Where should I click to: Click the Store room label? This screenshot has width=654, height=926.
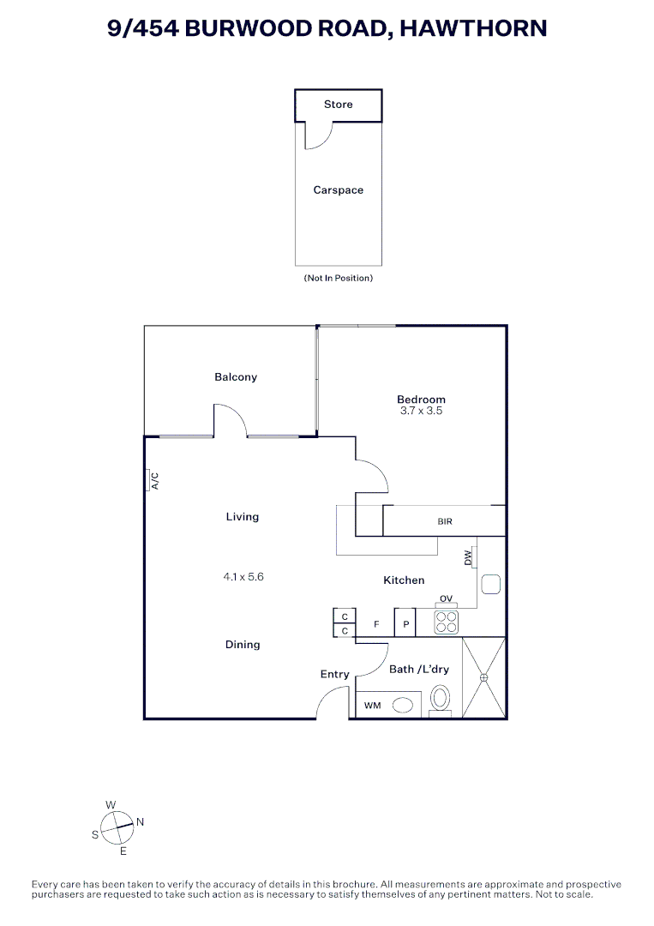[x=338, y=105]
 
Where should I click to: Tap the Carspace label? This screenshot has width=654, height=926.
[x=338, y=190]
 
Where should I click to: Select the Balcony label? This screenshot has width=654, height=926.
[x=236, y=377]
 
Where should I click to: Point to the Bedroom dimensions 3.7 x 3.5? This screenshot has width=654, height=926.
[x=421, y=412]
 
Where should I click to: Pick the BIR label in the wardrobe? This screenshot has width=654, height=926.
[x=445, y=521]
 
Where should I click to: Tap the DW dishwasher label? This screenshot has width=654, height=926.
[x=468, y=557]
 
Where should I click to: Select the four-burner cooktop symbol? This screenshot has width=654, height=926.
[x=446, y=621]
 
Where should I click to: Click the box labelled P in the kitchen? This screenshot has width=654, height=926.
[x=405, y=624]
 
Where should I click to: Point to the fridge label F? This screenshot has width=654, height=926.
[x=375, y=624]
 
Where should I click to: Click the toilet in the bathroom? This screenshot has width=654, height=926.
[x=440, y=699]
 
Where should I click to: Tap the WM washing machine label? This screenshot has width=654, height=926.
[x=372, y=706]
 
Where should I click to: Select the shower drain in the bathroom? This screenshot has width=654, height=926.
[x=484, y=677]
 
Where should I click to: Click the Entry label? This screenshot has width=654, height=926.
[x=334, y=675]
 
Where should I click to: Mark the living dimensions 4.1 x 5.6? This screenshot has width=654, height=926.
[x=243, y=577]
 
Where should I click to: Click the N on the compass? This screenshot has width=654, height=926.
[x=140, y=821]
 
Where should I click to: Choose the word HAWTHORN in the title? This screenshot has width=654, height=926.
[x=473, y=28]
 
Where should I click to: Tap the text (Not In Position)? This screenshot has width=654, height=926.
[x=338, y=279]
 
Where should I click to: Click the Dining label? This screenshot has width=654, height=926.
[x=243, y=645]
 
